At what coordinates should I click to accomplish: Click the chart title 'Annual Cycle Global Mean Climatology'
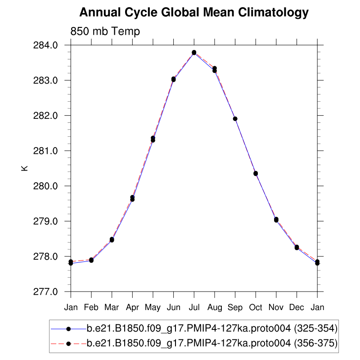[x=194, y=12]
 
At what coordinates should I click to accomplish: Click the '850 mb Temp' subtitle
[x=105, y=31]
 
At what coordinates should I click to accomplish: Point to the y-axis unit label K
[x=24, y=168]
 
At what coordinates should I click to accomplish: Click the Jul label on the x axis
[x=194, y=307]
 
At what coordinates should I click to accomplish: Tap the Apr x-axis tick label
[x=132, y=307]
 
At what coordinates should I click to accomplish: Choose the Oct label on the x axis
[x=256, y=307]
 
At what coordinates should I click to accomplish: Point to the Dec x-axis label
[x=297, y=307]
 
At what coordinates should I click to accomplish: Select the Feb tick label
[x=91, y=307]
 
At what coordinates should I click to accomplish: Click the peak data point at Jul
[x=194, y=53]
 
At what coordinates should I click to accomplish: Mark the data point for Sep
[x=235, y=119]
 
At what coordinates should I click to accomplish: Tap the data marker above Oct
[x=256, y=173]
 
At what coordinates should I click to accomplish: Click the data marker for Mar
[x=112, y=239]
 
